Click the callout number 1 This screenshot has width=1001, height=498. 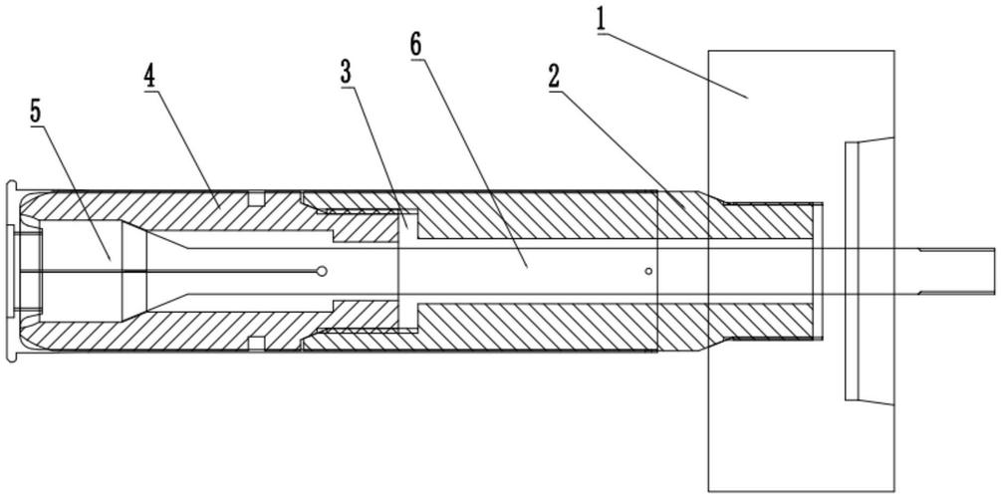pyautogui.click(x=600, y=19)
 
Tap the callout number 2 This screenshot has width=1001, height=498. pyautogui.click(x=554, y=78)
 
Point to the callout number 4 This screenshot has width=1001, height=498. pyautogui.click(x=148, y=78)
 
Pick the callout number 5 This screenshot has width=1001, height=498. pyautogui.click(x=35, y=112)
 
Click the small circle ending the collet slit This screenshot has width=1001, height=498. pyautogui.click(x=323, y=271)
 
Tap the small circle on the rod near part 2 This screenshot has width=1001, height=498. pyautogui.click(x=648, y=271)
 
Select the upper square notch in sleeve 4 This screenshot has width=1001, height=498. pyautogui.click(x=256, y=198)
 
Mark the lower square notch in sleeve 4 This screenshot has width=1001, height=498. pyautogui.click(x=256, y=344)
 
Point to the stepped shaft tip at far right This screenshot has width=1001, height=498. pyautogui.click(x=957, y=271)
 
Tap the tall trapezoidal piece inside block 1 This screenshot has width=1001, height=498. pyautogui.click(x=869, y=271)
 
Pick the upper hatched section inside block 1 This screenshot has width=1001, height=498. pyautogui.click(x=760, y=220)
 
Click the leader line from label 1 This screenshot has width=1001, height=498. pyautogui.click(x=673, y=65)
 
